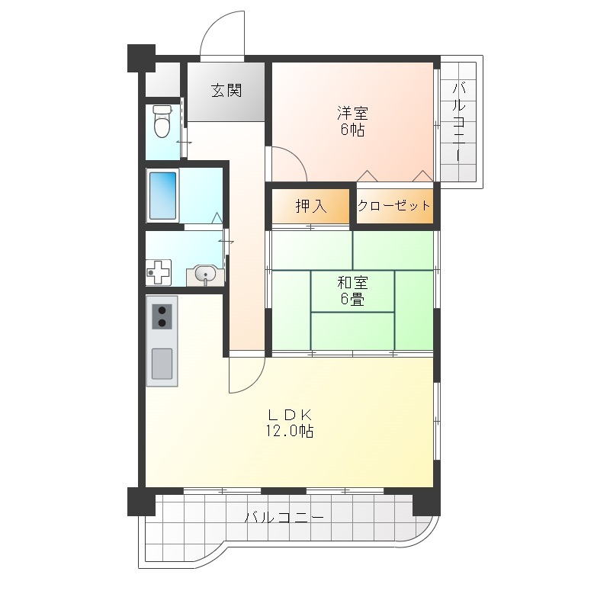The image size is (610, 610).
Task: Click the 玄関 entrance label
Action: click(x=226, y=91)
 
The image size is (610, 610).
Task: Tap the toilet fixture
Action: click(x=162, y=121)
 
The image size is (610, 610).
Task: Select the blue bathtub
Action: click(x=162, y=196)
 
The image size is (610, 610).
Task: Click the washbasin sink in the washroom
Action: click(x=205, y=275)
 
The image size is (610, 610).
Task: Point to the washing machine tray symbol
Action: click(x=159, y=272)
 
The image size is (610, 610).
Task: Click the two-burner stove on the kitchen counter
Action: click(x=162, y=316)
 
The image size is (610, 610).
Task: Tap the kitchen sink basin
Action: click(x=162, y=364)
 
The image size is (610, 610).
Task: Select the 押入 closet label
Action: click(x=311, y=206)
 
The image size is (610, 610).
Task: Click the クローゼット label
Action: click(x=393, y=205)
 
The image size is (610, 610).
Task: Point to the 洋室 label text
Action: click(x=352, y=113)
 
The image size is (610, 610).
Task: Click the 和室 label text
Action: click(x=352, y=283)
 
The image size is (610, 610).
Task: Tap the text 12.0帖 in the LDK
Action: click(x=290, y=431)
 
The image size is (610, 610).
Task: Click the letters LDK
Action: click(x=290, y=415)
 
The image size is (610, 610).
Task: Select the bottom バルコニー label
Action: click(x=284, y=518)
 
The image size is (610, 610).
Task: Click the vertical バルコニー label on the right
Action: click(x=459, y=121)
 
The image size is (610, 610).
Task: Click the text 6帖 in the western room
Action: click(x=352, y=130)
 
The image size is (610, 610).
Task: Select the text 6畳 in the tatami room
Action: click(x=352, y=299)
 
